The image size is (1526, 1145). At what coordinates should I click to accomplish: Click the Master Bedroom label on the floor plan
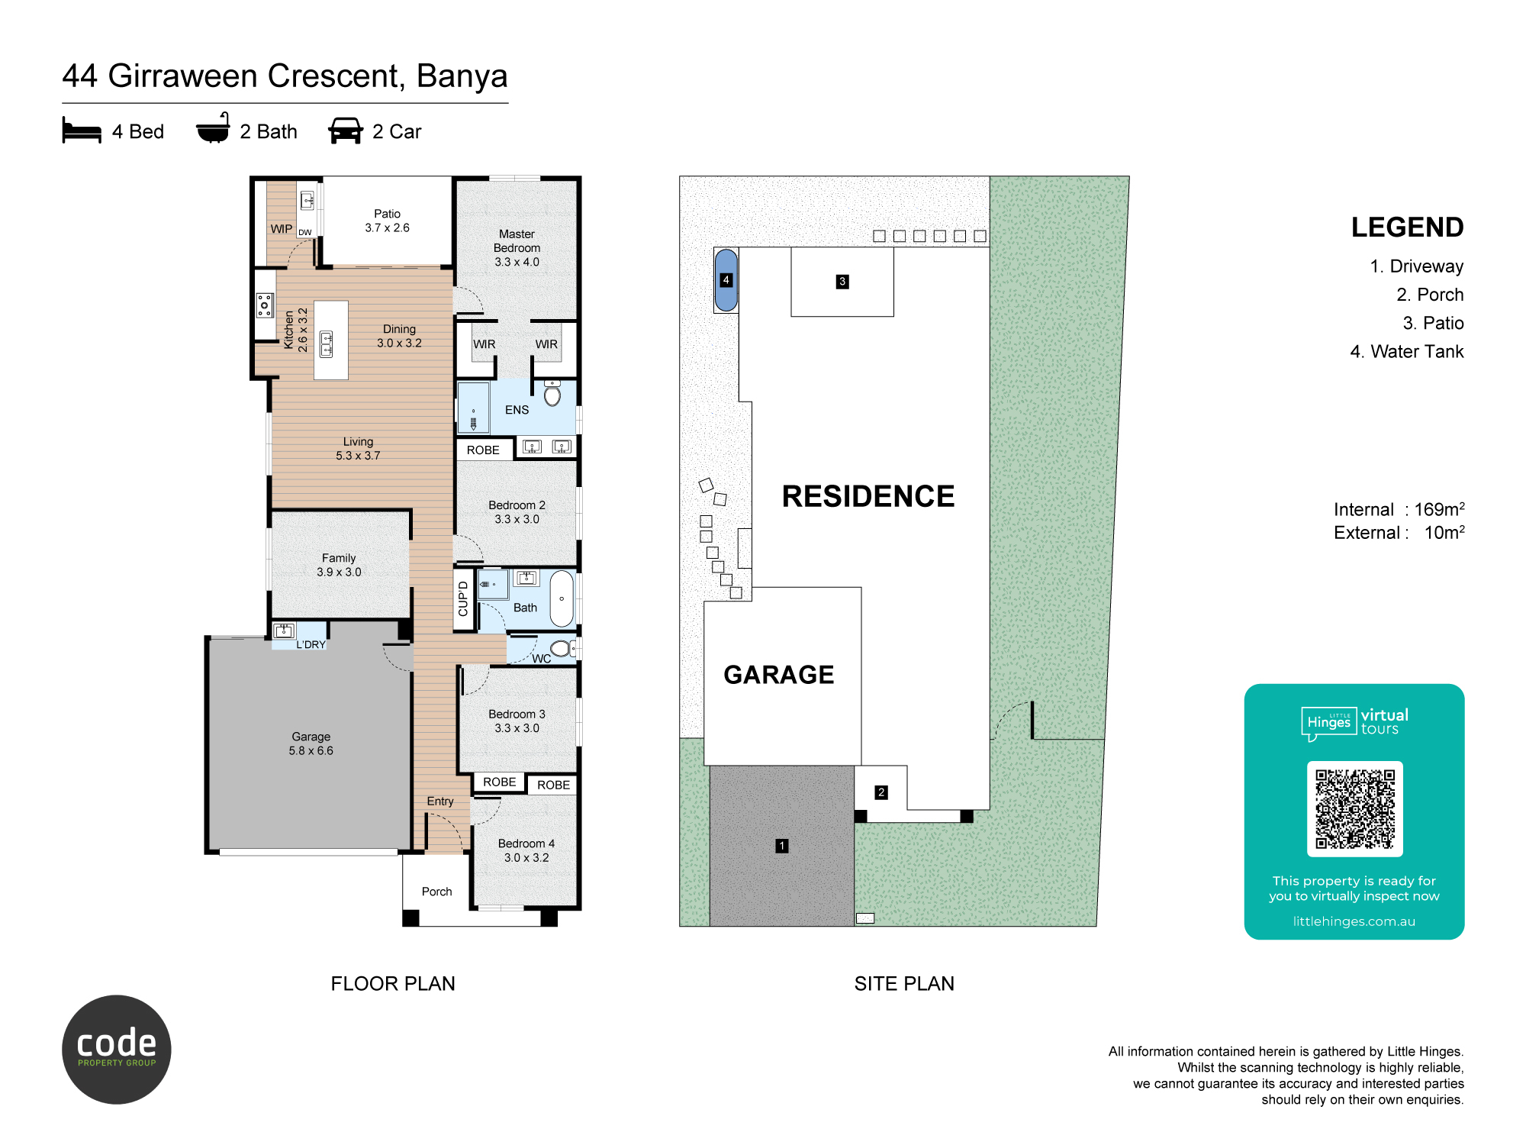517,248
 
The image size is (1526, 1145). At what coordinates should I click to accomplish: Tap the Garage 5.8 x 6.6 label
311,743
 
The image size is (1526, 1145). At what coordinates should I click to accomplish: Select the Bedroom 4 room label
526,850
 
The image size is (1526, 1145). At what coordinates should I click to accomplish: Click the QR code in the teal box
1355,808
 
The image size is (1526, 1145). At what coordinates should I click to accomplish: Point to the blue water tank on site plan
726,280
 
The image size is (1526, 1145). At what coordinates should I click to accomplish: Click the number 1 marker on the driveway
781,846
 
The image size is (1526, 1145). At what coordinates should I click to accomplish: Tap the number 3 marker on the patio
842,282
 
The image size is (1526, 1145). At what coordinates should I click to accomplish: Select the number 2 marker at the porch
881,792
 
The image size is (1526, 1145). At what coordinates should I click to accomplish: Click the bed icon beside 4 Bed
82,131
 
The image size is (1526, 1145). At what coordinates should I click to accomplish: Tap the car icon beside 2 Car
346,131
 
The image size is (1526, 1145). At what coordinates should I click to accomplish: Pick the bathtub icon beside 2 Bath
213,128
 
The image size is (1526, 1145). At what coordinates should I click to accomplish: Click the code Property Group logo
117,1050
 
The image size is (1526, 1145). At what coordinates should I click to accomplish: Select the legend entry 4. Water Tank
1407,352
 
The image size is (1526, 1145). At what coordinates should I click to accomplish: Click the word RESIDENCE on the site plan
868,496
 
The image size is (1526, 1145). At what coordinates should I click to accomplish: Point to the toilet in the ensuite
552,392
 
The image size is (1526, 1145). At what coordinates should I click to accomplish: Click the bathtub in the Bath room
562,598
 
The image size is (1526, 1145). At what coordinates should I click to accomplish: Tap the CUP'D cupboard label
463,598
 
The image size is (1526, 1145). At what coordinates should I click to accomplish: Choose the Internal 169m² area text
1399,509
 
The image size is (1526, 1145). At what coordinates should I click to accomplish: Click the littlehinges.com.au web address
1354,921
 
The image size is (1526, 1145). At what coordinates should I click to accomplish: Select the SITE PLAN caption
904,984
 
